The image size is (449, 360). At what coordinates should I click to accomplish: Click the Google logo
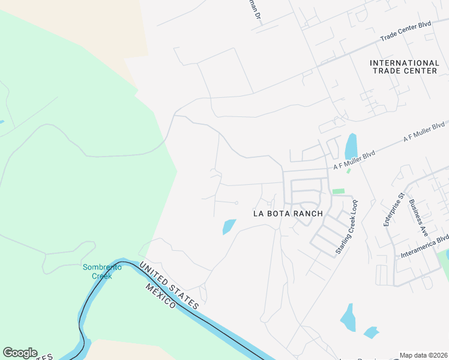point(20,353)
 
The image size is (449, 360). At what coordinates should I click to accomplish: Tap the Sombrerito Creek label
point(102,271)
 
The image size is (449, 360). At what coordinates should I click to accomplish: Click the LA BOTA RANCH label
point(288,213)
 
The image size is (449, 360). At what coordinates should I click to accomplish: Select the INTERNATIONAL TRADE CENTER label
point(405,67)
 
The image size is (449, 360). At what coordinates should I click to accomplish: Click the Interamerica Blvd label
point(425,247)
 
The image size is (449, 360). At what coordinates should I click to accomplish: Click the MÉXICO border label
point(161,296)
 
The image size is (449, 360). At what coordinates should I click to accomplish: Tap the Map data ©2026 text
point(423,355)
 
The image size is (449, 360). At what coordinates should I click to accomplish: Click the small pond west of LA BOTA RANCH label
point(229,227)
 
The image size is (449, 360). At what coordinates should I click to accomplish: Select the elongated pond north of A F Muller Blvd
point(351,146)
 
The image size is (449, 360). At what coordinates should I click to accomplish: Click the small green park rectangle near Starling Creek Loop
point(339,191)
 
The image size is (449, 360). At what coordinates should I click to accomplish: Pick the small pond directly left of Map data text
point(371,332)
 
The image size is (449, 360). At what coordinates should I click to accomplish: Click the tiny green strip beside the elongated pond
point(348,171)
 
